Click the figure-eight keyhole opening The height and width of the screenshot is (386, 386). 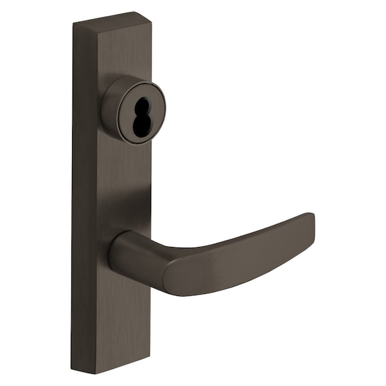[x=141, y=115]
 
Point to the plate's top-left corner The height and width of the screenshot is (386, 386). [x=73, y=24]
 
